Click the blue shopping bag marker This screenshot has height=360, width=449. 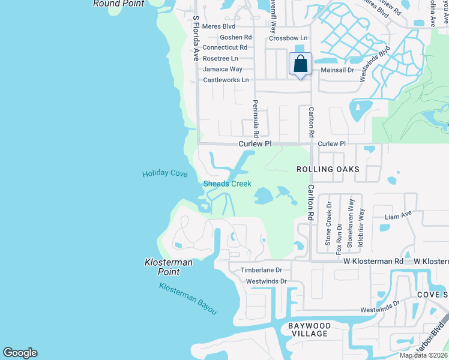pyautogui.click(x=301, y=64)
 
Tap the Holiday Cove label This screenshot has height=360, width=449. pyautogui.click(x=165, y=174)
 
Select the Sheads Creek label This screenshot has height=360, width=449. pyautogui.click(x=228, y=184)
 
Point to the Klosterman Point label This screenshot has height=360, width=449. pyautogui.click(x=162, y=267)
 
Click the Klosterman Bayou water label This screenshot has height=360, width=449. pyautogui.click(x=188, y=298)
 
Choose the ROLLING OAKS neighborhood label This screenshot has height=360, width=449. pyautogui.click(x=328, y=169)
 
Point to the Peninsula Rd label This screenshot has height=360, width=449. pyautogui.click(x=256, y=118)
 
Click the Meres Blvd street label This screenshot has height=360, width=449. pyautogui.click(x=218, y=26)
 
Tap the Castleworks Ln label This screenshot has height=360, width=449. pyautogui.click(x=226, y=80)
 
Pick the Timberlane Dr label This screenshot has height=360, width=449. pyautogui.click(x=261, y=271)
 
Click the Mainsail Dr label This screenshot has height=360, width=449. pyautogui.click(x=337, y=70)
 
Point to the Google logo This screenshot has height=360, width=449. pyautogui.click(x=20, y=353)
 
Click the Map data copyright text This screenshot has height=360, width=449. pyautogui.click(x=424, y=355)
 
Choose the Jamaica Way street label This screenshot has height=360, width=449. pyautogui.click(x=222, y=69)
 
